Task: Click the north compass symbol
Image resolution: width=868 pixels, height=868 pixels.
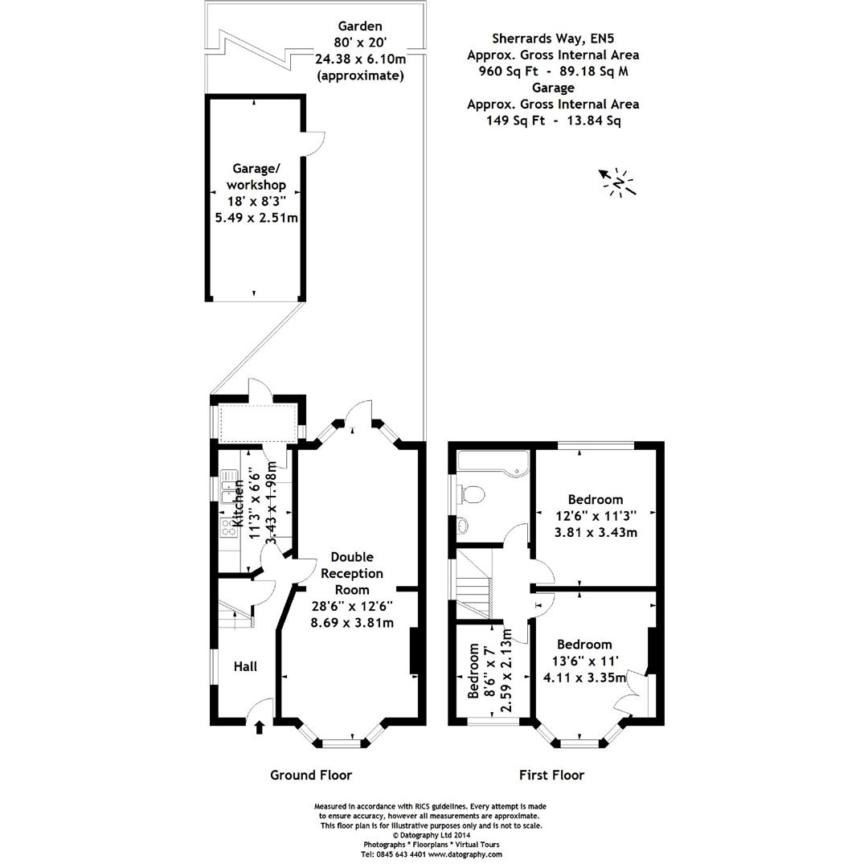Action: [x=617, y=182]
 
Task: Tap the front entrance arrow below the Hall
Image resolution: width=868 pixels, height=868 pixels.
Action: [x=259, y=727]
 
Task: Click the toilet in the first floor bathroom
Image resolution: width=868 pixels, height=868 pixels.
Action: [x=473, y=494]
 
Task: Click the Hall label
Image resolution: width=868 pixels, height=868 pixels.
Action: [x=245, y=666]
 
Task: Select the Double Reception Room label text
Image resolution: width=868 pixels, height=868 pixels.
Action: [x=352, y=573]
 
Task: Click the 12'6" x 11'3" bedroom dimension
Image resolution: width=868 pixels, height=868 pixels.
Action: [x=595, y=516]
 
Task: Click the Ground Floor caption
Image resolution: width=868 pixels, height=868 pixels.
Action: [x=310, y=775]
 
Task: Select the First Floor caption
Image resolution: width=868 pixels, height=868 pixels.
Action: [x=551, y=775]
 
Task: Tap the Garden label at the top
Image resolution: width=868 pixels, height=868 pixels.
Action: [x=360, y=25]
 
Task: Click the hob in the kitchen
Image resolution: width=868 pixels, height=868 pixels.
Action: [x=227, y=526]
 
